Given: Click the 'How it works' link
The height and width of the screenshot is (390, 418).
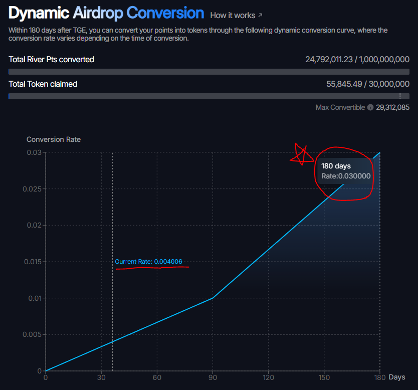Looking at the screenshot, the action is coord(236,16).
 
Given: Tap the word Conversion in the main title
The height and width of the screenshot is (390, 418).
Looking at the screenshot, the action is coord(165,13).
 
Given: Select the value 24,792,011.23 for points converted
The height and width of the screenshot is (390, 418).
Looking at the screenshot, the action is coord(329,60).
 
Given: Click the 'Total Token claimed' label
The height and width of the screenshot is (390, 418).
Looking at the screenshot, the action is coord(43,84).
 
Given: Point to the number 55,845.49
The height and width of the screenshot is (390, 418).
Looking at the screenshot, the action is coord(344,84).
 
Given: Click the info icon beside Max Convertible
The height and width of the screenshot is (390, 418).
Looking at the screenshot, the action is coord(370,107).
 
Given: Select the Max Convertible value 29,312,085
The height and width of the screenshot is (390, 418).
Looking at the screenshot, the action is coord(392,107).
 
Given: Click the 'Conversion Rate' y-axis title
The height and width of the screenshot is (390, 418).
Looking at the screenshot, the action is coord(54,139).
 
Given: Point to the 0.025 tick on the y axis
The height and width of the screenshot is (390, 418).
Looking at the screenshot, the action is coord(32,189).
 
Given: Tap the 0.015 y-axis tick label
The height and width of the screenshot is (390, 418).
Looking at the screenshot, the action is coord(33,262).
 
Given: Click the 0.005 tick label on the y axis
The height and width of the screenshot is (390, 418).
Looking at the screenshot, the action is coord(32,334).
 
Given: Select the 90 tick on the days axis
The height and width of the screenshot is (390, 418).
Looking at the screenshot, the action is coord(213,377).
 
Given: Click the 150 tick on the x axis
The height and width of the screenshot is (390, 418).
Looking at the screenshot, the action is coord(324,377).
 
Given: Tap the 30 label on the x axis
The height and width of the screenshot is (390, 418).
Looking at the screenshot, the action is coord(101,377).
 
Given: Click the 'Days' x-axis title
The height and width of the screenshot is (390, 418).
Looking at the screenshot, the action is coord(397,377).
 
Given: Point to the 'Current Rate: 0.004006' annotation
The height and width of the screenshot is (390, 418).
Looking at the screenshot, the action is coord(148,262).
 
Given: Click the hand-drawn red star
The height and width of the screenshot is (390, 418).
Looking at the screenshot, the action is coord(302,155).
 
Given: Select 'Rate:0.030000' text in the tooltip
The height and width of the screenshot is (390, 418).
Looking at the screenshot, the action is coord(346,176).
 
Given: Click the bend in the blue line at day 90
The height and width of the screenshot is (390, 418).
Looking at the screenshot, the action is coord(213,298).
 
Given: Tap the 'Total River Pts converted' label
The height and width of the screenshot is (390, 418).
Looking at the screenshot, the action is coord(51,60).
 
